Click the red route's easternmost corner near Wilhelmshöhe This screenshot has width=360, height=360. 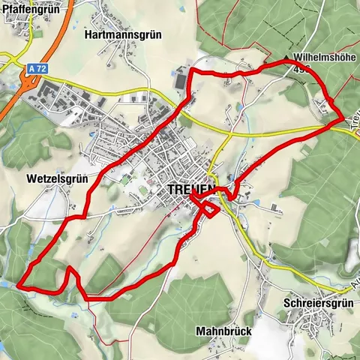[x=343, y=117]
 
